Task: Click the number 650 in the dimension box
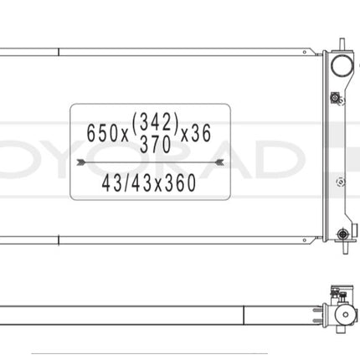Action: pos(101,132)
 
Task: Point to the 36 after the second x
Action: pos(199,132)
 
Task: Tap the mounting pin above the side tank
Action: pos(342,42)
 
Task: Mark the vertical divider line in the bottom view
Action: pos(243,315)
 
